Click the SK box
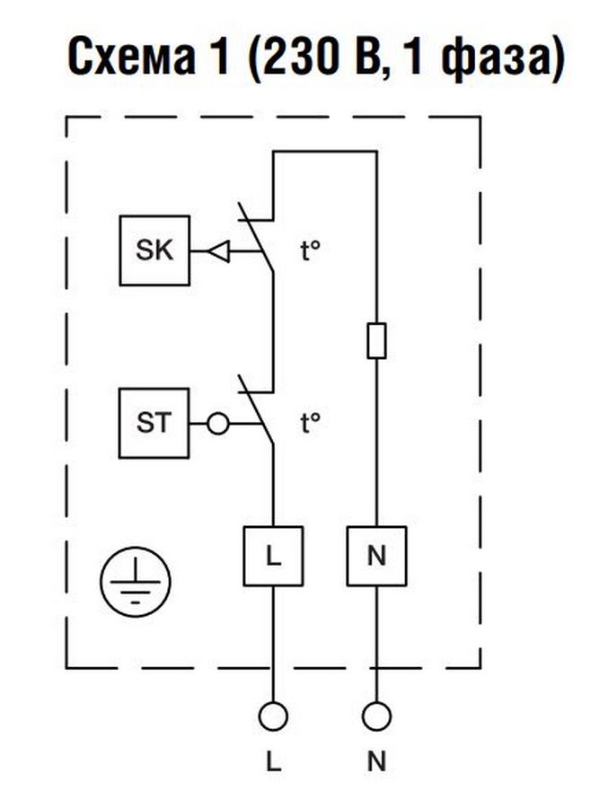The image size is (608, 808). click(154, 250)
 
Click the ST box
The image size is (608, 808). click(154, 422)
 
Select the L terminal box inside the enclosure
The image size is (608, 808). click(273, 556)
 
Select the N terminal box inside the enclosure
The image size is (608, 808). click(376, 556)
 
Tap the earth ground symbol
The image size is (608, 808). click(134, 582)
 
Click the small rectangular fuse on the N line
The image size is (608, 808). click(376, 341)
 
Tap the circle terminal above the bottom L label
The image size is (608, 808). click(273, 716)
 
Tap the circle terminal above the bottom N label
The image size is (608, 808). click(376, 716)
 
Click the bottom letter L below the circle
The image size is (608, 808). click(273, 762)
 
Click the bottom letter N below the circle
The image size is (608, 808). click(376, 762)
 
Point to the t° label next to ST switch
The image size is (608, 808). click(311, 422)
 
